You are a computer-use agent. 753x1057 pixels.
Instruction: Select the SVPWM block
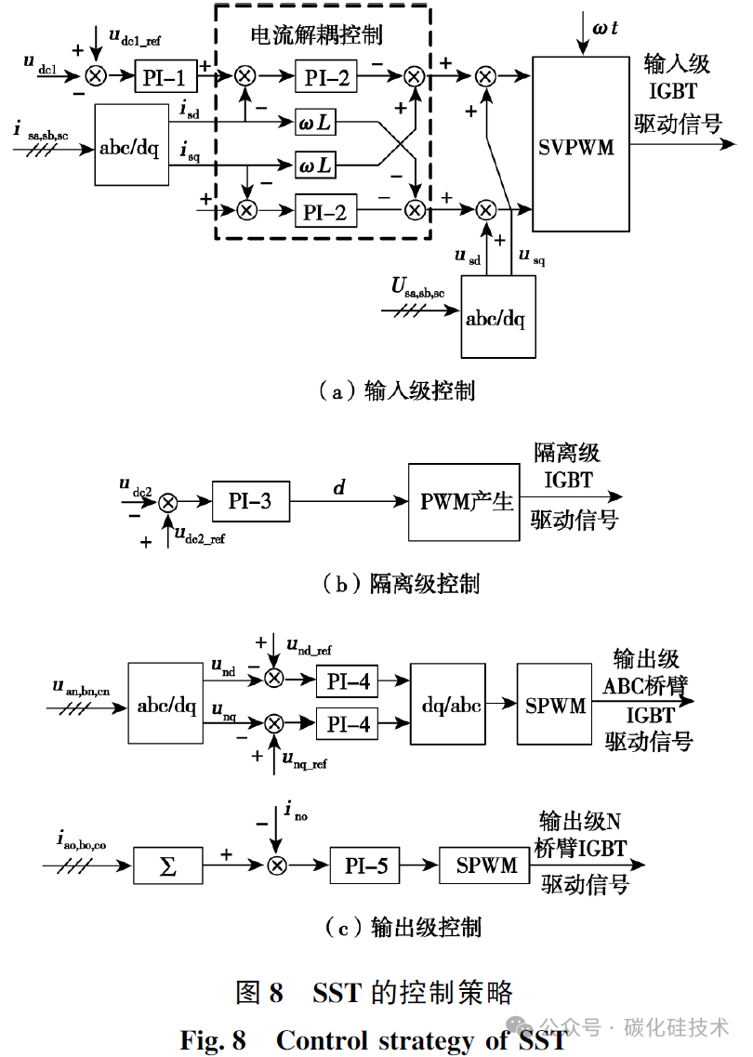pyautogui.click(x=580, y=144)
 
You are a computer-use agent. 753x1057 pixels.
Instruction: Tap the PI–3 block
pyautogui.click(x=250, y=501)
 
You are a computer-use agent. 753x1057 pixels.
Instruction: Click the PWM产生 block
pyautogui.click(x=464, y=502)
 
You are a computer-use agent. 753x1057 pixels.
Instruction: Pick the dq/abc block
pyautogui.click(x=448, y=705)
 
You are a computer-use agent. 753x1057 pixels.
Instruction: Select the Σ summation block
pyautogui.click(x=168, y=865)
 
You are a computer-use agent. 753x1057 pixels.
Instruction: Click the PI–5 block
pyautogui.click(x=364, y=865)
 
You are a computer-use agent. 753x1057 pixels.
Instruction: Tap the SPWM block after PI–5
pyautogui.click(x=485, y=865)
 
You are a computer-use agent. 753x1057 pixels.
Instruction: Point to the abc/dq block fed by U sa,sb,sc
pyautogui.click(x=498, y=317)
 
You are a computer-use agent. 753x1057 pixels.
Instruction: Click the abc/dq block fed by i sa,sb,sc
pyautogui.click(x=131, y=144)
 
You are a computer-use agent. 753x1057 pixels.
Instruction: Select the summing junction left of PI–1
pyautogui.click(x=96, y=75)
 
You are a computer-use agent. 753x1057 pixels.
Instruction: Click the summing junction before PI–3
pyautogui.click(x=168, y=502)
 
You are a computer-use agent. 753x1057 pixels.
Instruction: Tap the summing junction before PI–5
pyautogui.click(x=276, y=865)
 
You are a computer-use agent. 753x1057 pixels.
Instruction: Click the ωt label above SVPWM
pyautogui.click(x=604, y=28)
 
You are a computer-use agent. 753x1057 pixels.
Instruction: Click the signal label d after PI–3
pyautogui.click(x=339, y=487)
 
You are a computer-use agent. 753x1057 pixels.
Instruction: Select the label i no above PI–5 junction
pyautogui.click(x=296, y=811)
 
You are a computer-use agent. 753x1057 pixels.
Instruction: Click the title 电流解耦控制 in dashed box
pyautogui.click(x=316, y=35)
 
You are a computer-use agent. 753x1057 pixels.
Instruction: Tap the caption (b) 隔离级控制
pyautogui.click(x=402, y=583)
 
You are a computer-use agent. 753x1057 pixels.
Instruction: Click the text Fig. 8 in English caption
pyautogui.click(x=213, y=1040)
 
